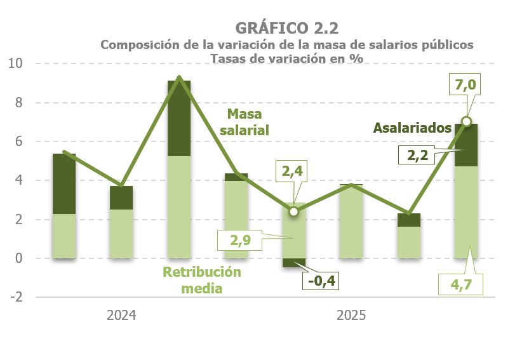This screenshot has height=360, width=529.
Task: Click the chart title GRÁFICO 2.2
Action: (x=286, y=28)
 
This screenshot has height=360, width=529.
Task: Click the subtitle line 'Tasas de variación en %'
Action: (x=286, y=58)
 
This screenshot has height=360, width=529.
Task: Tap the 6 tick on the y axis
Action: (x=18, y=142)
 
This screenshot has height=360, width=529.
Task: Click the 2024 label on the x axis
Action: (x=121, y=315)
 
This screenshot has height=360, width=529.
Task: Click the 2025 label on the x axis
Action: (x=351, y=315)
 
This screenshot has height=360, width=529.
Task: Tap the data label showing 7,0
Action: (x=466, y=84)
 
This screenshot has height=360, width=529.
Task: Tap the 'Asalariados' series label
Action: (x=412, y=128)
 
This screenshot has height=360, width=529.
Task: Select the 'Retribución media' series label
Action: (x=203, y=280)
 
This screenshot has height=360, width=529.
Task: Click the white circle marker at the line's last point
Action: (x=467, y=121)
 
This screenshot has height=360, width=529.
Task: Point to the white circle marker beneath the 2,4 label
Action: (x=293, y=211)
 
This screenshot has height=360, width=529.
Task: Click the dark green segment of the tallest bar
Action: (x=179, y=118)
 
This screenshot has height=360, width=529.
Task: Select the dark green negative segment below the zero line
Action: (x=293, y=263)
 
